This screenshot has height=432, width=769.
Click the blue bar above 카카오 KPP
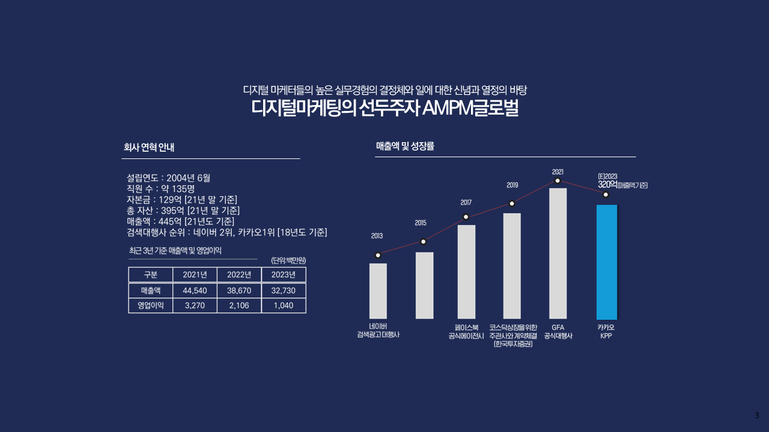606,262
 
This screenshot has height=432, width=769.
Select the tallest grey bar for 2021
558,253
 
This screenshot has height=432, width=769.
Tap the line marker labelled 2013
377,255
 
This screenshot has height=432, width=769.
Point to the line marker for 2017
466,217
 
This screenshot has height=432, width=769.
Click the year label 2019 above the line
512,185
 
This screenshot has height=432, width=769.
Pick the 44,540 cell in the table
195,290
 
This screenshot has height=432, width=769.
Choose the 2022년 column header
239,275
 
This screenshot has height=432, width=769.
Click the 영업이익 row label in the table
150,305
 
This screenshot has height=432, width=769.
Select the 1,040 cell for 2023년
283,305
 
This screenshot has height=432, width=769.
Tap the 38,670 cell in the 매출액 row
239,290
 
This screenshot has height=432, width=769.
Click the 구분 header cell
150,275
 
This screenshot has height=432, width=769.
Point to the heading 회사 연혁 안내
149,147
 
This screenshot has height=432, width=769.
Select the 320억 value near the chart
607,185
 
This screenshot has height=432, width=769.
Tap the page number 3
756,415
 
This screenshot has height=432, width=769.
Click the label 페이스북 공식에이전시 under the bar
466,332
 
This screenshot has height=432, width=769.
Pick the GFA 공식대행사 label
558,332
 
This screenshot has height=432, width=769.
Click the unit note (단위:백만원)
288,260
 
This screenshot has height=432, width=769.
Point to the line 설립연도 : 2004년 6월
168,178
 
